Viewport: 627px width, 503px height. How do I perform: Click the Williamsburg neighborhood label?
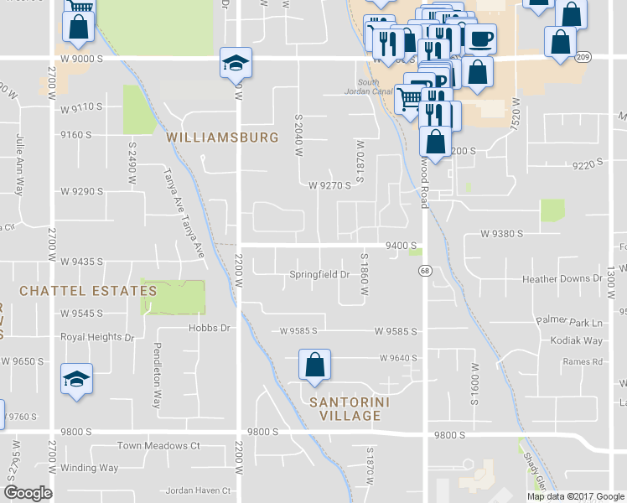tap(222, 136)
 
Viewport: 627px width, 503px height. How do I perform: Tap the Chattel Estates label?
tap(88, 291)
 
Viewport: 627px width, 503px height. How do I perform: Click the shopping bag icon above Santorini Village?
tap(314, 366)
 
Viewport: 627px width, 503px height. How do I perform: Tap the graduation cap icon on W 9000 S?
tap(236, 63)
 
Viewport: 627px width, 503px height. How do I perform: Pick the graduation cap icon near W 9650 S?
tap(77, 380)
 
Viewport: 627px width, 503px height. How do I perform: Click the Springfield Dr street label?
tap(319, 274)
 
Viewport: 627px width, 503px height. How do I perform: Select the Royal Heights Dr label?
tap(96, 338)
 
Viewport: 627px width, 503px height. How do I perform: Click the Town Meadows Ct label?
tap(158, 446)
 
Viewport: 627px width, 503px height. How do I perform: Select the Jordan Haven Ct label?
tap(199, 490)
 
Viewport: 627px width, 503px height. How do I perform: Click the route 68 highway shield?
tap(425, 270)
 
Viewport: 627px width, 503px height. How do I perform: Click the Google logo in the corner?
tap(28, 493)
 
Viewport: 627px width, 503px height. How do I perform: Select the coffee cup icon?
tap(481, 39)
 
